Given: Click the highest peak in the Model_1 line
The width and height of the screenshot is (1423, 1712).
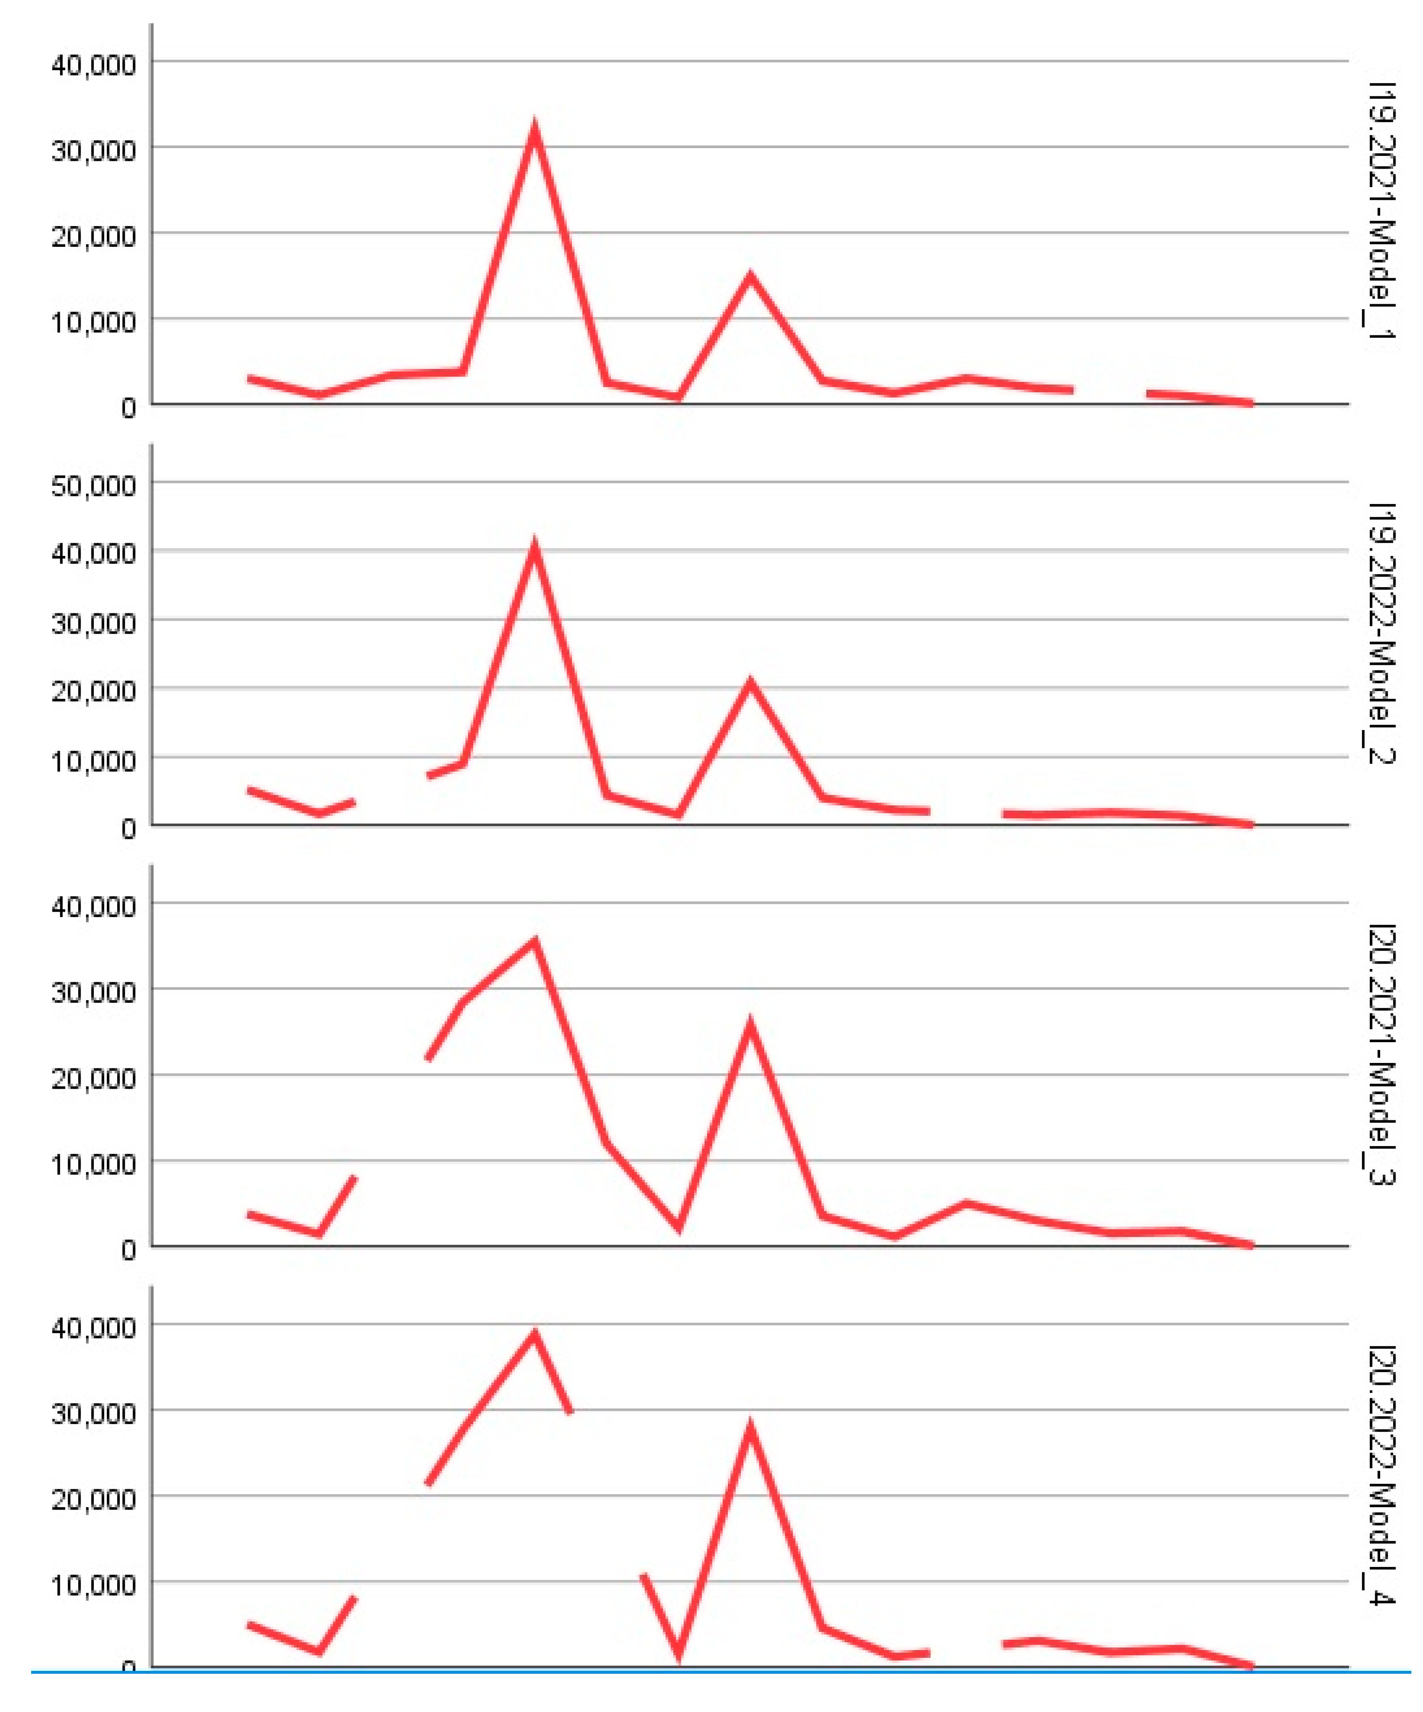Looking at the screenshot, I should click(x=534, y=130).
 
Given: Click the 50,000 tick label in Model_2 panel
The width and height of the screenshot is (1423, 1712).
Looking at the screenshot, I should click(x=94, y=486).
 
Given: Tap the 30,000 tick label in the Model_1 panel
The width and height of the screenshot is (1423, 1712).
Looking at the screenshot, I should click(x=94, y=150).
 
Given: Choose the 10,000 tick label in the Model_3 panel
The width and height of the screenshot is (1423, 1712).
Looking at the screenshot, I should click(x=94, y=1163).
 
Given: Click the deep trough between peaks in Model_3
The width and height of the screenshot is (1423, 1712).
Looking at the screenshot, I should click(x=678, y=1227).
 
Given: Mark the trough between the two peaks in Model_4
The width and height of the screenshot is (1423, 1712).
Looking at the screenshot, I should click(x=678, y=1651).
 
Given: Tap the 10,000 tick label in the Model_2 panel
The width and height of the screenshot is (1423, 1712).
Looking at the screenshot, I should click(x=94, y=760).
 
